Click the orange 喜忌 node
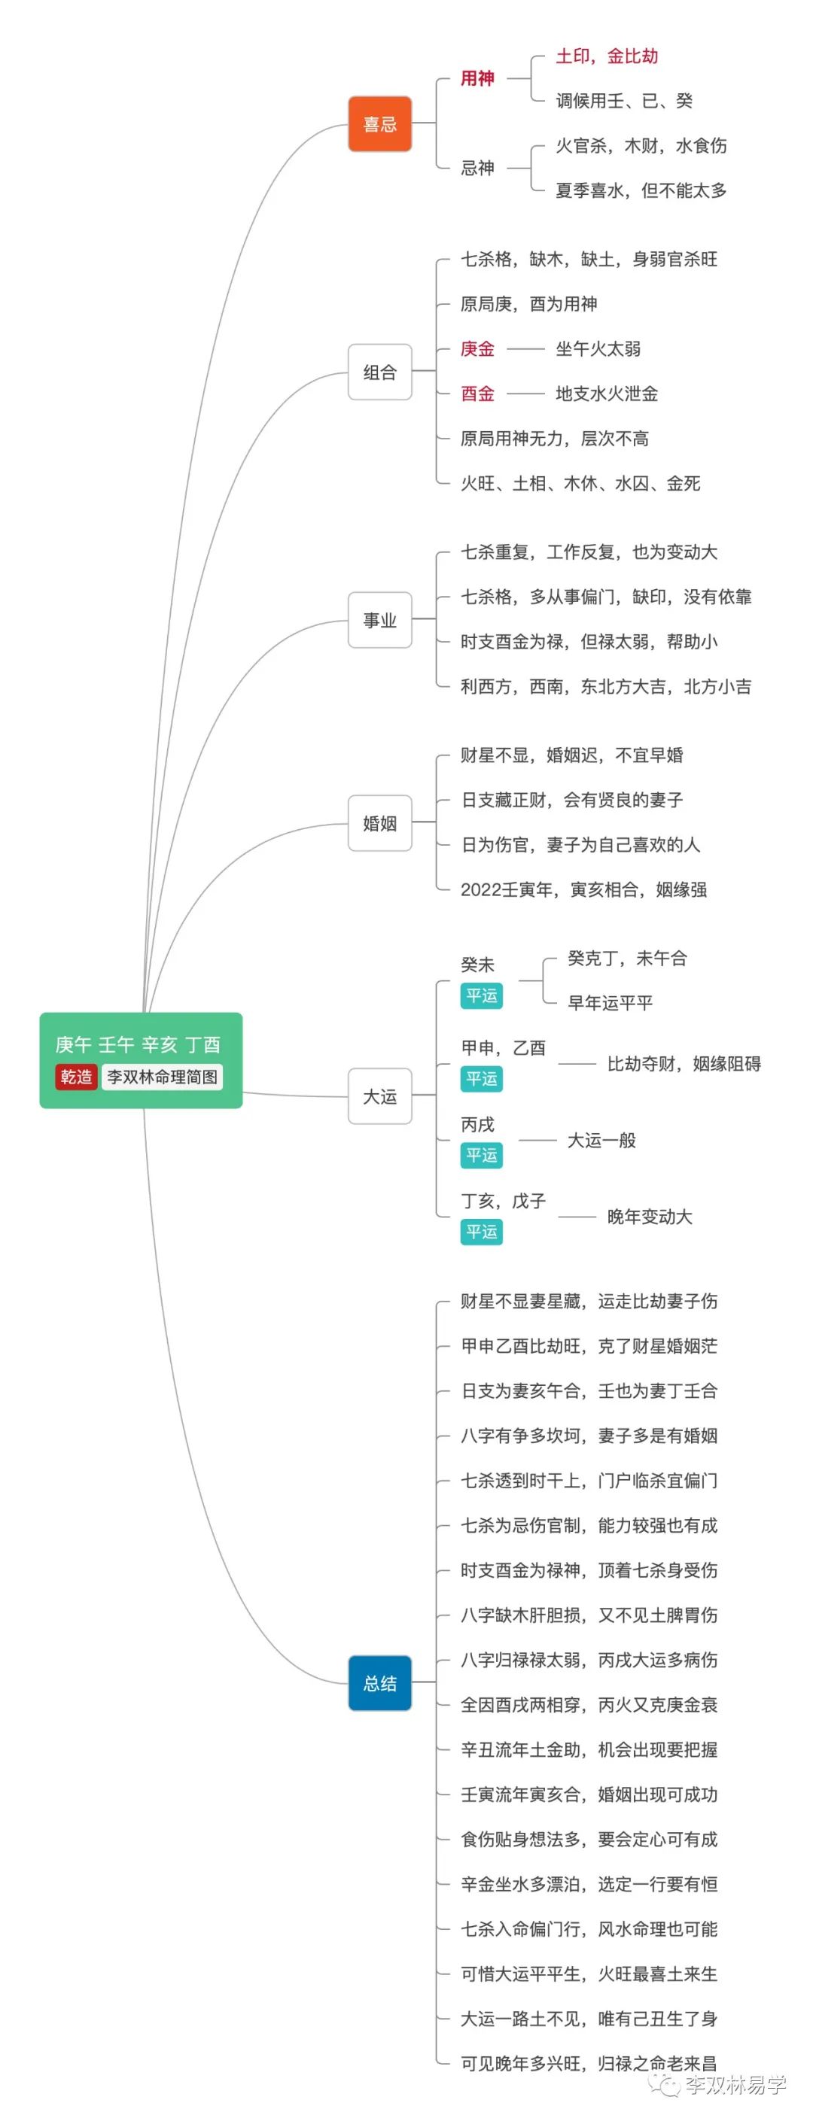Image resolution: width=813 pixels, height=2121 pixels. pyautogui.click(x=379, y=124)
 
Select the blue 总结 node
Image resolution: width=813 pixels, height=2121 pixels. pyautogui.click(x=379, y=1683)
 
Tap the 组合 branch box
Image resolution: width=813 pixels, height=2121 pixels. pyautogui.click(x=379, y=372)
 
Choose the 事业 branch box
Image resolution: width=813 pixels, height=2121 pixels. pyautogui.click(x=379, y=620)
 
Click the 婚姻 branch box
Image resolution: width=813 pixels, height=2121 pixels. pyautogui.click(x=379, y=822)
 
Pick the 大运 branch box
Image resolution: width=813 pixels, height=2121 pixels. pyautogui.click(x=379, y=1096)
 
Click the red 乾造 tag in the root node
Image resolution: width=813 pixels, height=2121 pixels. pyautogui.click(x=76, y=1076)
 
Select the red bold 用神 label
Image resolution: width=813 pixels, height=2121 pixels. pyautogui.click(x=477, y=79)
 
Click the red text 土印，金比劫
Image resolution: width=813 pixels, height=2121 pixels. pyautogui.click(x=606, y=56)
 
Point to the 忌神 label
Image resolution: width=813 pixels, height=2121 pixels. pyautogui.click(x=477, y=168)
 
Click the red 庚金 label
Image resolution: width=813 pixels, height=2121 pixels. pyautogui.click(x=477, y=349)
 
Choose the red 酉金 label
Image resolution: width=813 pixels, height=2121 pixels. pyautogui.click(x=477, y=394)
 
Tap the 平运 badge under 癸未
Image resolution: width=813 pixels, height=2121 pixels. pyautogui.click(x=481, y=995)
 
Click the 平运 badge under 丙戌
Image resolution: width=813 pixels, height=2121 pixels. pyautogui.click(x=481, y=1155)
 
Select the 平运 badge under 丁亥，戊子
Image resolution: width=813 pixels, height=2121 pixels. pyautogui.click(x=481, y=1232)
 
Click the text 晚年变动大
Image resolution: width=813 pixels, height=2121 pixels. pyautogui.click(x=649, y=1217)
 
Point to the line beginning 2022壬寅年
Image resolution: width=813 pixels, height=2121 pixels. pyautogui.click(x=583, y=889)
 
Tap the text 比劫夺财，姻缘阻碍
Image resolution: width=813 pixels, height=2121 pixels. pyautogui.click(x=684, y=1064)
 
